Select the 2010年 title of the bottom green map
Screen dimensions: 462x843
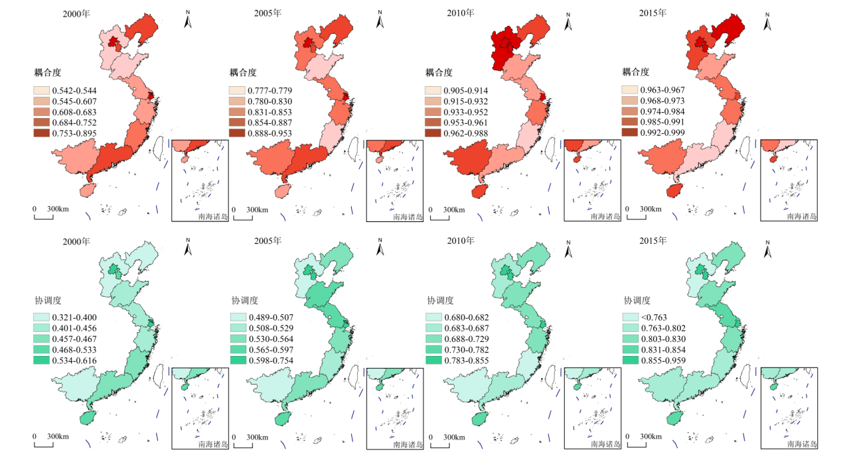click(x=461, y=241)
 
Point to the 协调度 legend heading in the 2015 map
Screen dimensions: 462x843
click(x=638, y=300)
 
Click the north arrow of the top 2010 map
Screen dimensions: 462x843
click(x=569, y=21)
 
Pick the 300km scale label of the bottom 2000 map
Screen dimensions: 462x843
click(x=58, y=437)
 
